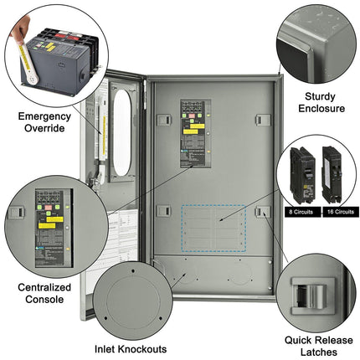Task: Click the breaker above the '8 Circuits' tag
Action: click(302, 173)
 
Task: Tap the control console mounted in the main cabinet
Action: click(198, 135)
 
